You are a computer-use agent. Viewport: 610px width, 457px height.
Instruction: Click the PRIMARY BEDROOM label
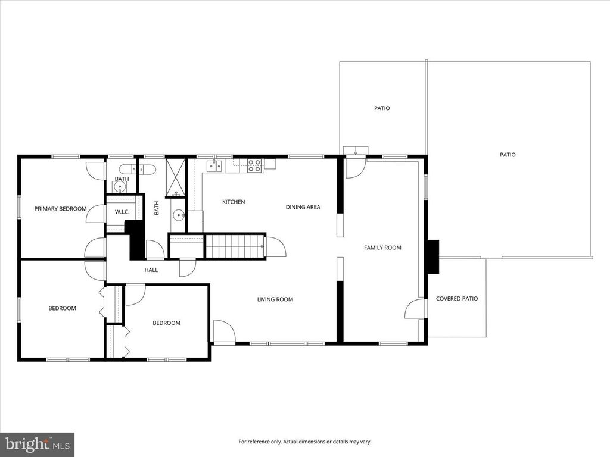click(60, 209)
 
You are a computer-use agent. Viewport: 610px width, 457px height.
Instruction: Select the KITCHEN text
click(234, 202)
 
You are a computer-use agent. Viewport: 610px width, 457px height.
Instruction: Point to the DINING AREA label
click(303, 207)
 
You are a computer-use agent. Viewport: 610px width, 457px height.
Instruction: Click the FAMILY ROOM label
click(382, 248)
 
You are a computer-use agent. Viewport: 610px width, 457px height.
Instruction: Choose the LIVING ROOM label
click(275, 299)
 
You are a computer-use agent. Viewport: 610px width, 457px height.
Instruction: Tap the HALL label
click(151, 270)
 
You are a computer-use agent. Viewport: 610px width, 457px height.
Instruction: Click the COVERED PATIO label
click(456, 299)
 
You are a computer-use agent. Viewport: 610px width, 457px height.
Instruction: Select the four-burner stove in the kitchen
click(254, 165)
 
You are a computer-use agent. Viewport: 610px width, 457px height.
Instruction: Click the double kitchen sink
click(214, 165)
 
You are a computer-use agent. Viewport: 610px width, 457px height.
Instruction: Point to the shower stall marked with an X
click(176, 177)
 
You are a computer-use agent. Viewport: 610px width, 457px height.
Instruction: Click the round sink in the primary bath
click(120, 187)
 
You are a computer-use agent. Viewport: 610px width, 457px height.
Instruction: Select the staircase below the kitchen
click(235, 246)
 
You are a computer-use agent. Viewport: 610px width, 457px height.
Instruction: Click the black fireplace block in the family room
click(432, 256)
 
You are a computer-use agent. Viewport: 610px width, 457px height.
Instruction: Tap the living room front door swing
click(224, 332)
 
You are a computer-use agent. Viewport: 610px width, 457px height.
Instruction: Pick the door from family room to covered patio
click(415, 309)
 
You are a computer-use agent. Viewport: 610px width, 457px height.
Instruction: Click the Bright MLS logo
click(37, 444)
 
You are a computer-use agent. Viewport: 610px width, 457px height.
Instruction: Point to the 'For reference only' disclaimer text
click(304, 442)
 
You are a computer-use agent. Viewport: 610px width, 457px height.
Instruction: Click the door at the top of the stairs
click(275, 246)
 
